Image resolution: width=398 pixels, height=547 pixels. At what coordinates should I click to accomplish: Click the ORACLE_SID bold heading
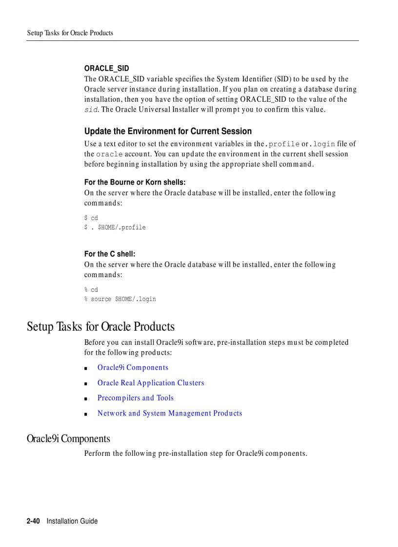click(106, 68)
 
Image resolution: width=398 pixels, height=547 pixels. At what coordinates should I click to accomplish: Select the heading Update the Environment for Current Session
click(168, 131)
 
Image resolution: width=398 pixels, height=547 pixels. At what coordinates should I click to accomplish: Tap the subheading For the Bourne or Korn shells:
click(135, 182)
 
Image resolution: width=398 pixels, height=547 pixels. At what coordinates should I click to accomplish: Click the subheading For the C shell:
click(110, 254)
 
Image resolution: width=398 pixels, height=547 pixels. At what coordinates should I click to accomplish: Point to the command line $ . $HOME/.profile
click(115, 227)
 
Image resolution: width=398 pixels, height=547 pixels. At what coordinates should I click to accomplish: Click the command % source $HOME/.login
click(120, 299)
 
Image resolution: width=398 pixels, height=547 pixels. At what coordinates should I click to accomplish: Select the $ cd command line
click(91, 218)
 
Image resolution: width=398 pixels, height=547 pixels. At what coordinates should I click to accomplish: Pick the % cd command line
click(91, 290)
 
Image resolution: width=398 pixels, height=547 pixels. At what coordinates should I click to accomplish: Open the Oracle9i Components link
click(133, 368)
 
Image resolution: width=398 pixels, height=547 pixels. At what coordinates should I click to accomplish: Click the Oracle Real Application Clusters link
click(151, 383)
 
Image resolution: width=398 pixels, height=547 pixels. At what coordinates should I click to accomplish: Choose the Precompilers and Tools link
click(135, 398)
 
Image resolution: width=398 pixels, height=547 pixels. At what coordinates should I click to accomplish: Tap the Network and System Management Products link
click(170, 414)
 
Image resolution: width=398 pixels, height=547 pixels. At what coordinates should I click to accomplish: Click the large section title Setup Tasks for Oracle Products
click(100, 326)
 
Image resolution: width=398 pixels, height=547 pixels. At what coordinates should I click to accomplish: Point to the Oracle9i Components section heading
click(68, 439)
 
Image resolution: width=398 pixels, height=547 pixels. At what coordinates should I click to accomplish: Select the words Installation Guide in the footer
click(72, 521)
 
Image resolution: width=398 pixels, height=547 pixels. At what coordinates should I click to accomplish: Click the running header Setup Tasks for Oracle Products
click(70, 33)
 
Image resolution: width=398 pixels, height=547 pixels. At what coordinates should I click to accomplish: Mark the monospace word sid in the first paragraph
click(91, 110)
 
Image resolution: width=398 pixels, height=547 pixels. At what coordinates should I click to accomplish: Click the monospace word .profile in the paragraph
click(283, 144)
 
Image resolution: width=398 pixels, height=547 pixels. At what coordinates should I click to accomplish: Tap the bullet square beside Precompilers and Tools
click(86, 399)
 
